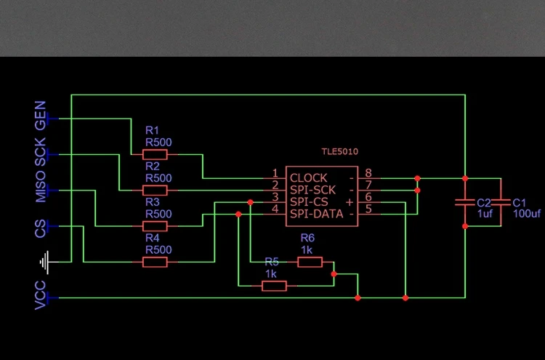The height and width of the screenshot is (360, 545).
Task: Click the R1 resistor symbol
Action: (x=155, y=154)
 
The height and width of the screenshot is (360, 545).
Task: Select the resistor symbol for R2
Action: (x=155, y=190)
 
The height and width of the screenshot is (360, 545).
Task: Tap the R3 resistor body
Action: (x=155, y=226)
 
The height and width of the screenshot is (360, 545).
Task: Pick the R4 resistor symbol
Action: (x=155, y=262)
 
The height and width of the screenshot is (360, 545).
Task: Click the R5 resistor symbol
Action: (x=274, y=287)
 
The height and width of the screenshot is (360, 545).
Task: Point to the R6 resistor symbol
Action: (x=310, y=262)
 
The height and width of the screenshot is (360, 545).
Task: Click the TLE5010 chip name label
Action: (x=340, y=152)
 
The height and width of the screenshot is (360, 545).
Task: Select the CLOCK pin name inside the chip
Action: (x=308, y=177)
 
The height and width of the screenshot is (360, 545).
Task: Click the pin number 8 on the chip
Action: (x=368, y=173)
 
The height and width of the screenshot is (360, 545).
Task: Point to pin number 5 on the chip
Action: (x=368, y=209)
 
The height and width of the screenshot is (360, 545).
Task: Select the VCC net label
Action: (x=41, y=295)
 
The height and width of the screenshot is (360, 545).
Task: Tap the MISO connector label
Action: (x=41, y=188)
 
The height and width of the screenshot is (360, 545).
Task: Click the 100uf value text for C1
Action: (x=526, y=214)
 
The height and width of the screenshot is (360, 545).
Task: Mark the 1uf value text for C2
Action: (x=485, y=214)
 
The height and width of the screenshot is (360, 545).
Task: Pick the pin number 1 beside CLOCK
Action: (x=275, y=173)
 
